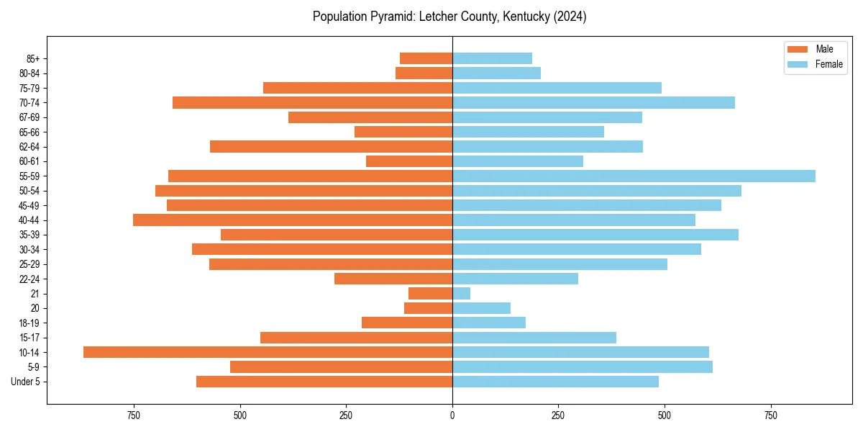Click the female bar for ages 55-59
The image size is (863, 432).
[634, 176]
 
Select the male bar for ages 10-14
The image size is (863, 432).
[268, 352]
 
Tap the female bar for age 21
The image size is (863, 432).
[461, 293]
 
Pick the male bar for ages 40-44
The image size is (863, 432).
[293, 220]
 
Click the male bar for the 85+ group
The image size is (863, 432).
[426, 58]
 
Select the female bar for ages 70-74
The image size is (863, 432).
[593, 102]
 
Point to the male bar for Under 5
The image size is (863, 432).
[324, 382]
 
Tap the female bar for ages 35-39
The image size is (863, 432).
[595, 235]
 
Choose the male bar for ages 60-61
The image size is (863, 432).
[409, 161]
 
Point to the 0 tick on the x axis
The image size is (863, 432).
[452, 415]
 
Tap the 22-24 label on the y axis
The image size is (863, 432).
[29, 279]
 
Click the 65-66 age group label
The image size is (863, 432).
[29, 132]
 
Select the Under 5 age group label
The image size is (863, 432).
[26, 382]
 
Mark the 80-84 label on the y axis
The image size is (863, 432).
[29, 73]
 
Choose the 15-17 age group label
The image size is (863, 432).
[29, 338]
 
